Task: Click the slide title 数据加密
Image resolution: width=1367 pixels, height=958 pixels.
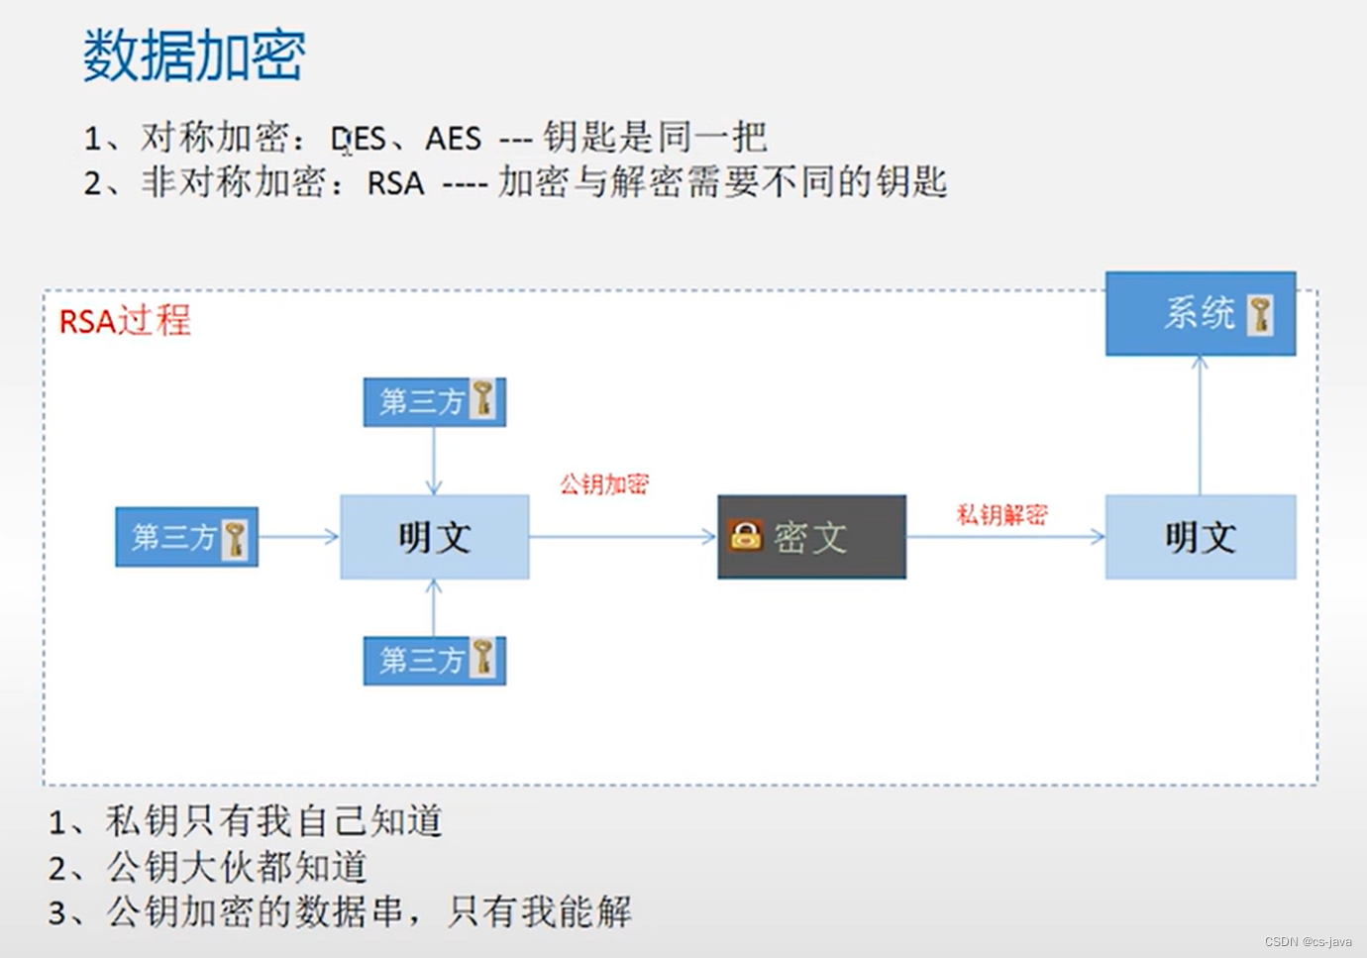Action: [194, 55]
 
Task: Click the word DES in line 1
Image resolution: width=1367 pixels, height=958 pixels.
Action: [359, 139]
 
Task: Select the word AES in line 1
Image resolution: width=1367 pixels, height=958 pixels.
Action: [453, 139]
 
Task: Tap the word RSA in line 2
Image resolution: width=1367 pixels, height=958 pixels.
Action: [395, 183]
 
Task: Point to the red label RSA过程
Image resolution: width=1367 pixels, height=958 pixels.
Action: [125, 321]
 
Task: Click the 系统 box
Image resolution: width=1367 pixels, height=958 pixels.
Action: [1200, 314]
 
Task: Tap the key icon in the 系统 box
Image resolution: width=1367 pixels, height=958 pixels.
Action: [1260, 315]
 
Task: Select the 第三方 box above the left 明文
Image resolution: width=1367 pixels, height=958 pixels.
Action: [434, 401]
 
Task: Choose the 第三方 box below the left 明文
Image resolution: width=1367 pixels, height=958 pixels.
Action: [434, 660]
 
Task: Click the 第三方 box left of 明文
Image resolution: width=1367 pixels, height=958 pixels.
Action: [186, 537]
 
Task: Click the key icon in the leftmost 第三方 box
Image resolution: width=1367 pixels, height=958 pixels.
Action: [235, 538]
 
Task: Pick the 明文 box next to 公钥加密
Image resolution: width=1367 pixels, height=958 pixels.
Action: [434, 537]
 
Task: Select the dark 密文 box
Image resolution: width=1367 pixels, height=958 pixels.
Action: [811, 537]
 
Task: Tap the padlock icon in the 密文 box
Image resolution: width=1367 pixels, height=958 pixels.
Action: [745, 535]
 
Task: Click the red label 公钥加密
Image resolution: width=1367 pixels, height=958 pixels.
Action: [604, 484]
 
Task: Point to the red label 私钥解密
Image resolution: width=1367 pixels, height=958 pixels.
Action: [1001, 515]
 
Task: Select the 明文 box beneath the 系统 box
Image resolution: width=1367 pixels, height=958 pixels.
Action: [1200, 537]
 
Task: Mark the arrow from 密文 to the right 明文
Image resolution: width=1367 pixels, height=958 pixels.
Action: [1004, 537]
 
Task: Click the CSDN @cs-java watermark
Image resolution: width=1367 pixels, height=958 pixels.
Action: [1308, 941]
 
